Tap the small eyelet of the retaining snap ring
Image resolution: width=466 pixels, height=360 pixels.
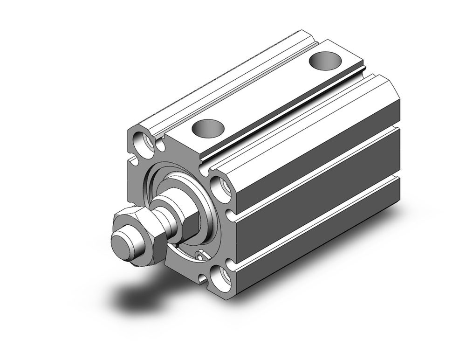[200, 256]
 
